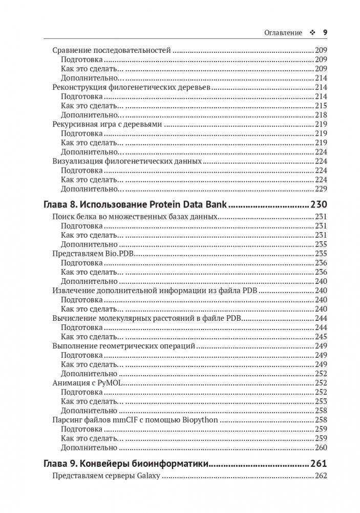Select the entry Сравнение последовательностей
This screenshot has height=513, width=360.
point(112,51)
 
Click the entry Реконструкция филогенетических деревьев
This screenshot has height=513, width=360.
point(132,88)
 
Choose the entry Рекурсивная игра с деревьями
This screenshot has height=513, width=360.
point(108,124)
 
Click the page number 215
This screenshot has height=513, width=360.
point(321,106)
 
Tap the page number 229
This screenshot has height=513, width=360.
point(321,188)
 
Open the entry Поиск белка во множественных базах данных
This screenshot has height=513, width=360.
point(136,217)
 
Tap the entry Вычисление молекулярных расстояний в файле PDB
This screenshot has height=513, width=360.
point(146,318)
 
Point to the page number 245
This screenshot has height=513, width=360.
point(321,337)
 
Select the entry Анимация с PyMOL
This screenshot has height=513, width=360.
point(89,383)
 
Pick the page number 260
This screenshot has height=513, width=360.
point(321,447)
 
